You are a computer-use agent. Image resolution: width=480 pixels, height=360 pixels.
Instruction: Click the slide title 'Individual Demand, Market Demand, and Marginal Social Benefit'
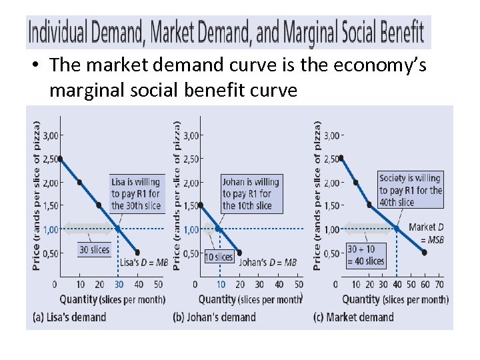click(225, 32)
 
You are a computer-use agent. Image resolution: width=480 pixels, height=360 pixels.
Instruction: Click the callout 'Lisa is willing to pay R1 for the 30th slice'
click(136, 193)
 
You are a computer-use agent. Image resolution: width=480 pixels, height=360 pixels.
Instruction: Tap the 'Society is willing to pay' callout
click(410, 190)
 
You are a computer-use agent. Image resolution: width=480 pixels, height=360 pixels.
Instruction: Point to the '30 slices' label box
click(94, 249)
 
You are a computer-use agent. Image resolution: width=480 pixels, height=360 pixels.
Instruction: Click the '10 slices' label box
click(219, 257)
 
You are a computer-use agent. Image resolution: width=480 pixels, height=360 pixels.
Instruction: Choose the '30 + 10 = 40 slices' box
click(366, 255)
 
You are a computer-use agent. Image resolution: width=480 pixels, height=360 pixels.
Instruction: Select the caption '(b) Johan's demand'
click(214, 317)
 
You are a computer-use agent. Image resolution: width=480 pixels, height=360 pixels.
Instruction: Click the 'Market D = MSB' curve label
click(426, 233)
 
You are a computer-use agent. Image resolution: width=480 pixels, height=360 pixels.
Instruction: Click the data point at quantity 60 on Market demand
click(425, 253)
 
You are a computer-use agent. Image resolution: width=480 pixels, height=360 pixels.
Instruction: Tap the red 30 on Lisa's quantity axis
click(119, 285)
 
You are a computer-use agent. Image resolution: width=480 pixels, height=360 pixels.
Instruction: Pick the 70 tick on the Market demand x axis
click(439, 285)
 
